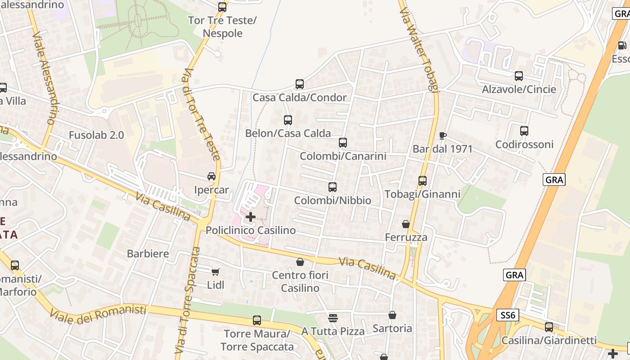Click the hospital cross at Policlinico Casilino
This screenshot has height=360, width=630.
[251, 217]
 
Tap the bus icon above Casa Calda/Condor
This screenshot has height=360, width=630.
[300, 84]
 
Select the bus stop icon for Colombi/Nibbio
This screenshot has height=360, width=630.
[333, 187]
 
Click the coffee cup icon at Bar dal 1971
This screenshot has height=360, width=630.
[443, 135]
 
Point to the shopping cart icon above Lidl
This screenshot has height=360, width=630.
[215, 271]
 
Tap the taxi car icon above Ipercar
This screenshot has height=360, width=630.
[211, 176]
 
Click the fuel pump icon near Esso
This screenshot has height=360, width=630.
[622, 45]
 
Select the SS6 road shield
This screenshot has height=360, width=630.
[508, 315]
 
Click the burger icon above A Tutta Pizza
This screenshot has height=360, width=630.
[333, 318]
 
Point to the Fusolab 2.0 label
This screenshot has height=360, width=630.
[96, 135]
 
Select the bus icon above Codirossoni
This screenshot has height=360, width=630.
[524, 131]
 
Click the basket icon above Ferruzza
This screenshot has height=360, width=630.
[406, 224]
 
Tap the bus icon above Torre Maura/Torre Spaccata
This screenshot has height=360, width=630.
[257, 320]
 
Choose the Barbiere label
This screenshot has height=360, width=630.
[148, 253]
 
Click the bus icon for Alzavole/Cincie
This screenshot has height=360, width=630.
[519, 76]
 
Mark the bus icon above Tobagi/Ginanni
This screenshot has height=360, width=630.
[423, 181]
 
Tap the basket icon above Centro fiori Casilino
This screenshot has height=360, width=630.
[300, 261]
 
